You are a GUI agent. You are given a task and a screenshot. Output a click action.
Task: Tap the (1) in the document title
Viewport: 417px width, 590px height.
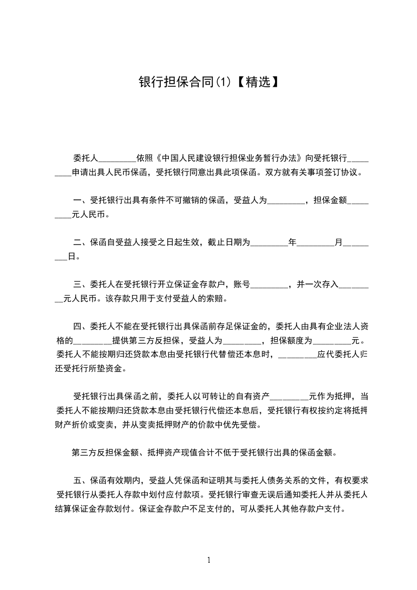pos(222,82)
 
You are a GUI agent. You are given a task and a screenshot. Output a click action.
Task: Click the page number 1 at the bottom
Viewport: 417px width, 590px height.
pos(209,560)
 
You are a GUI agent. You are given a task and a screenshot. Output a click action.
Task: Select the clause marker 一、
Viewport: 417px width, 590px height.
pos(81,200)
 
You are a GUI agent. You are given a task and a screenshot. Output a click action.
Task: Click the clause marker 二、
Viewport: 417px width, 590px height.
pos(81,243)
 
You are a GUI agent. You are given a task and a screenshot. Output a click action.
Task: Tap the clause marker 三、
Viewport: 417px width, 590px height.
pos(81,285)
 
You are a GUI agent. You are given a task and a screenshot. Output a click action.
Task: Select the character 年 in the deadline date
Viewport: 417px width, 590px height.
pos(292,243)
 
